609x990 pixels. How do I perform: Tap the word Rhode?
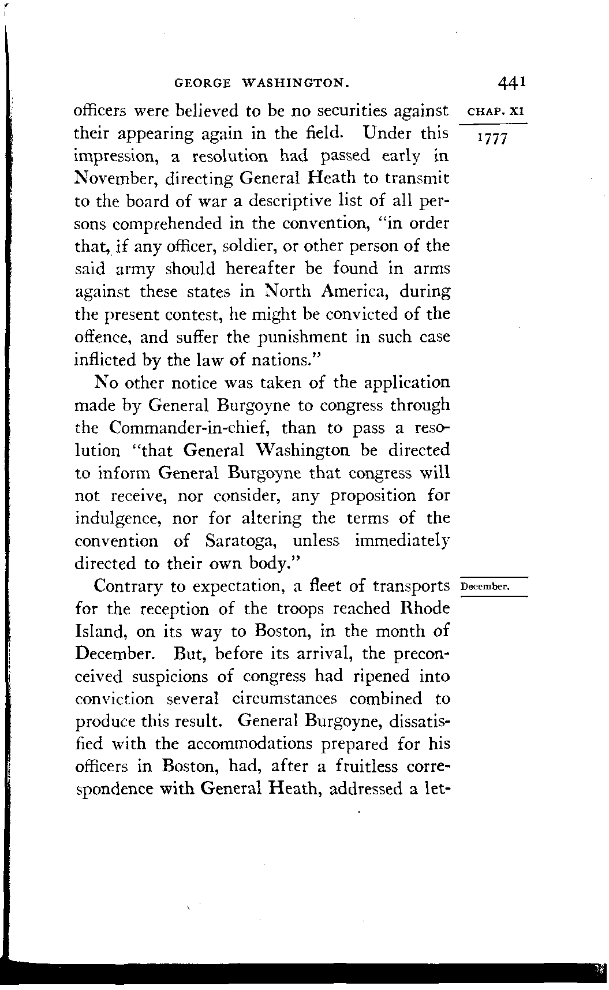(x=425, y=608)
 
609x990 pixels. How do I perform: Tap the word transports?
(x=411, y=586)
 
